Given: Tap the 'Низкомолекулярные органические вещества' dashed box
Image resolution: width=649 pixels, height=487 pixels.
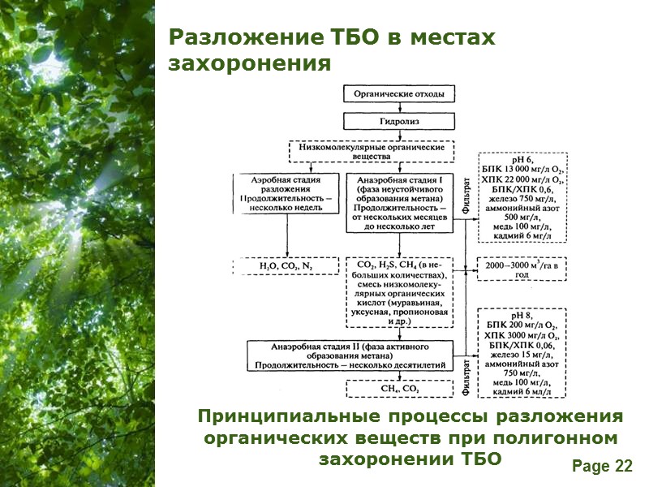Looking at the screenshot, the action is pyautogui.click(x=372, y=152).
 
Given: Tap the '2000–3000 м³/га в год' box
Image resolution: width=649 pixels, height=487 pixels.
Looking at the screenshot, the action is pyautogui.click(x=522, y=269).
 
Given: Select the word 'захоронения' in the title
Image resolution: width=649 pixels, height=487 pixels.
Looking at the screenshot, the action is pyautogui.click(x=250, y=63).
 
